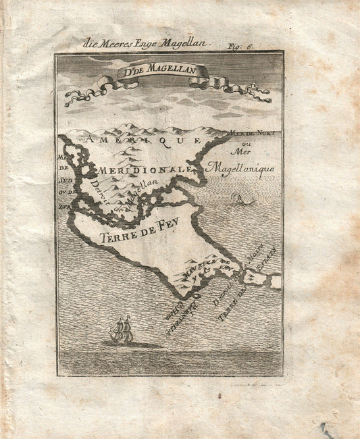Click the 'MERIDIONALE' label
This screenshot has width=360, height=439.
coord(138,169)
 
